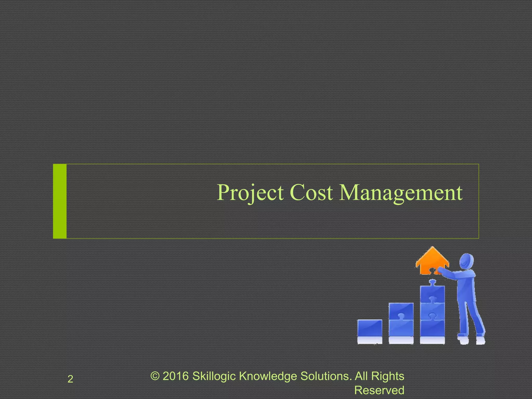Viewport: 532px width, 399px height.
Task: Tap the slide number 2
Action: point(70,379)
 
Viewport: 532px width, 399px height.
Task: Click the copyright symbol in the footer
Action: point(155,376)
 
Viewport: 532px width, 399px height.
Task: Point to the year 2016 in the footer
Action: point(176,376)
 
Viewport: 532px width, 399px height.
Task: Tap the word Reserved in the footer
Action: point(379,390)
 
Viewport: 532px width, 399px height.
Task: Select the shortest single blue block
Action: point(370,328)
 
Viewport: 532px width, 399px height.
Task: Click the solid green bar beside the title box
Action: point(60,201)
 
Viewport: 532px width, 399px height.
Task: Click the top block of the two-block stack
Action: point(401,311)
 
